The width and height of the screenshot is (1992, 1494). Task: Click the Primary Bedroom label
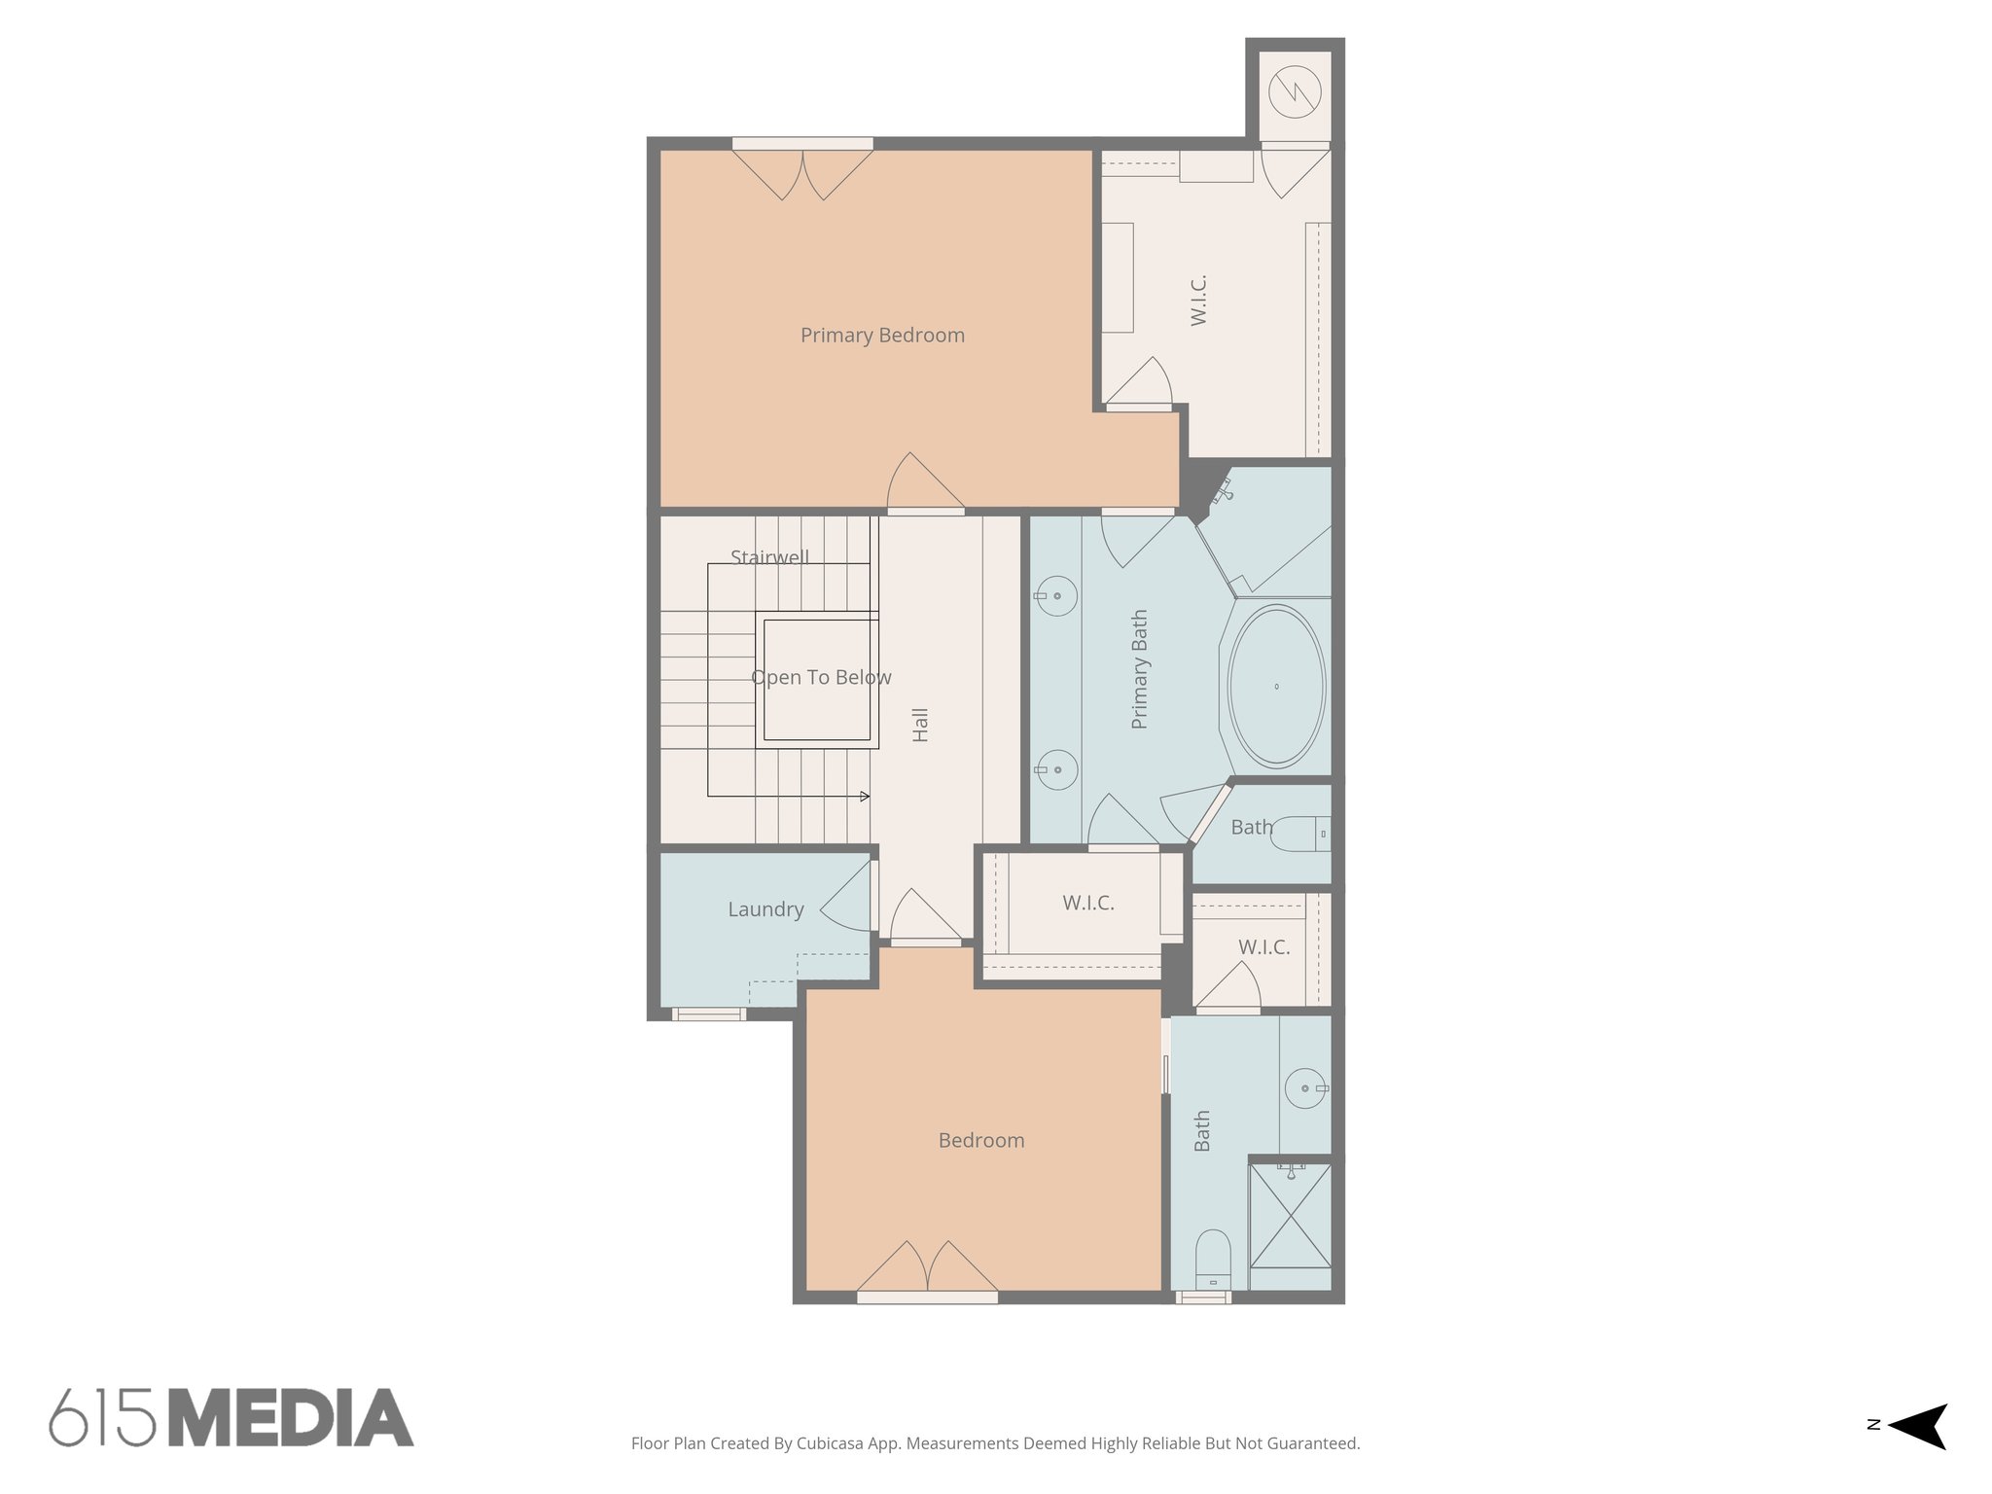882,336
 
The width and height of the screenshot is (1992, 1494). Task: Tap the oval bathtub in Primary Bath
1276,686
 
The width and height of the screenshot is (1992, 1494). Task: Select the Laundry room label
765,909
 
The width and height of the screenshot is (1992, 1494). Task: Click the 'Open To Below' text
821,678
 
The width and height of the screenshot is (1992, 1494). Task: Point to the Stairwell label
769,557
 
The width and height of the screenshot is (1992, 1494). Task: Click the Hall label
920,725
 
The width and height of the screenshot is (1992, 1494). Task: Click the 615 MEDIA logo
231,1417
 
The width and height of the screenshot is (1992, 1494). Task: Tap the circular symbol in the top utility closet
1295,92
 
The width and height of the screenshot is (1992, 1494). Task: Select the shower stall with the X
1290,1216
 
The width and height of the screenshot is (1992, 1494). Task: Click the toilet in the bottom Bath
1213,1260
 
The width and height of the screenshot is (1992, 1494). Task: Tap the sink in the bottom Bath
1304,1088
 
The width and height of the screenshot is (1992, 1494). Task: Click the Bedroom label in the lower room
980,1141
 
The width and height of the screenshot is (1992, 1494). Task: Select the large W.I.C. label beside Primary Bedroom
1198,300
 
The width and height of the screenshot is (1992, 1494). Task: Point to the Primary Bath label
1140,669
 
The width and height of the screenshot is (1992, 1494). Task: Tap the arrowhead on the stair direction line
865,797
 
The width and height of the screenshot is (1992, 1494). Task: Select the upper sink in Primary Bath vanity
1056,595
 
